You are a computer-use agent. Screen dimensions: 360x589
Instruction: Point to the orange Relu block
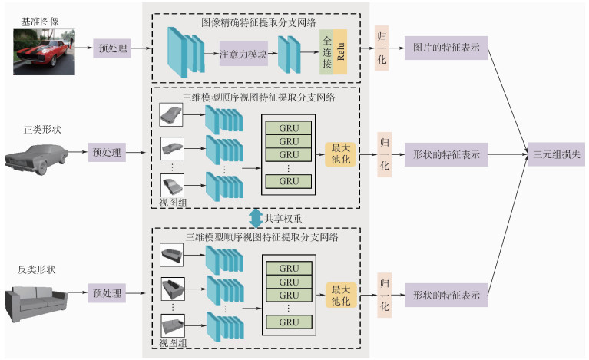pos(340,54)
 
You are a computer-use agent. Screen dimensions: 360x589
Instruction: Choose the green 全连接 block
pos(326,54)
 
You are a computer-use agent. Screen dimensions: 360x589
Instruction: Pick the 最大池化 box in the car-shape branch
pos(340,154)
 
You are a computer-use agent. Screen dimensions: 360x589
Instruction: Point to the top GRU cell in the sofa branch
pos(289,269)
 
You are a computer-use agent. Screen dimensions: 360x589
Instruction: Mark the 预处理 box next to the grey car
pos(106,153)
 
